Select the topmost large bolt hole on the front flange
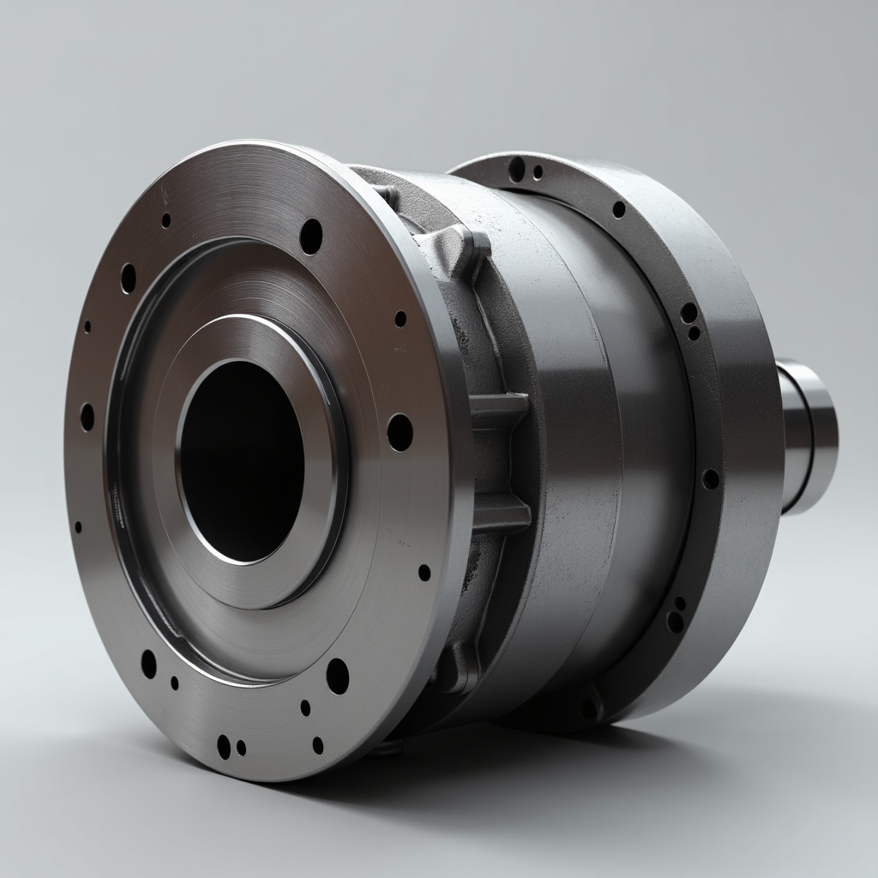pos(311,236)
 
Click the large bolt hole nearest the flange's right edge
pos(400,431)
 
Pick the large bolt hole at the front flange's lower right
pos(337,676)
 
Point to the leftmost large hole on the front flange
pos(87,417)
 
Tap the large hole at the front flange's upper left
pos(129,278)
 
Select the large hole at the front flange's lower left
pos(149,664)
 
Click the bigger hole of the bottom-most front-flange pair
pos(224,746)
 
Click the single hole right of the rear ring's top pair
pos(619,209)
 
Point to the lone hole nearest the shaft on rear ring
pos(710,479)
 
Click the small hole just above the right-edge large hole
pos(400,319)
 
